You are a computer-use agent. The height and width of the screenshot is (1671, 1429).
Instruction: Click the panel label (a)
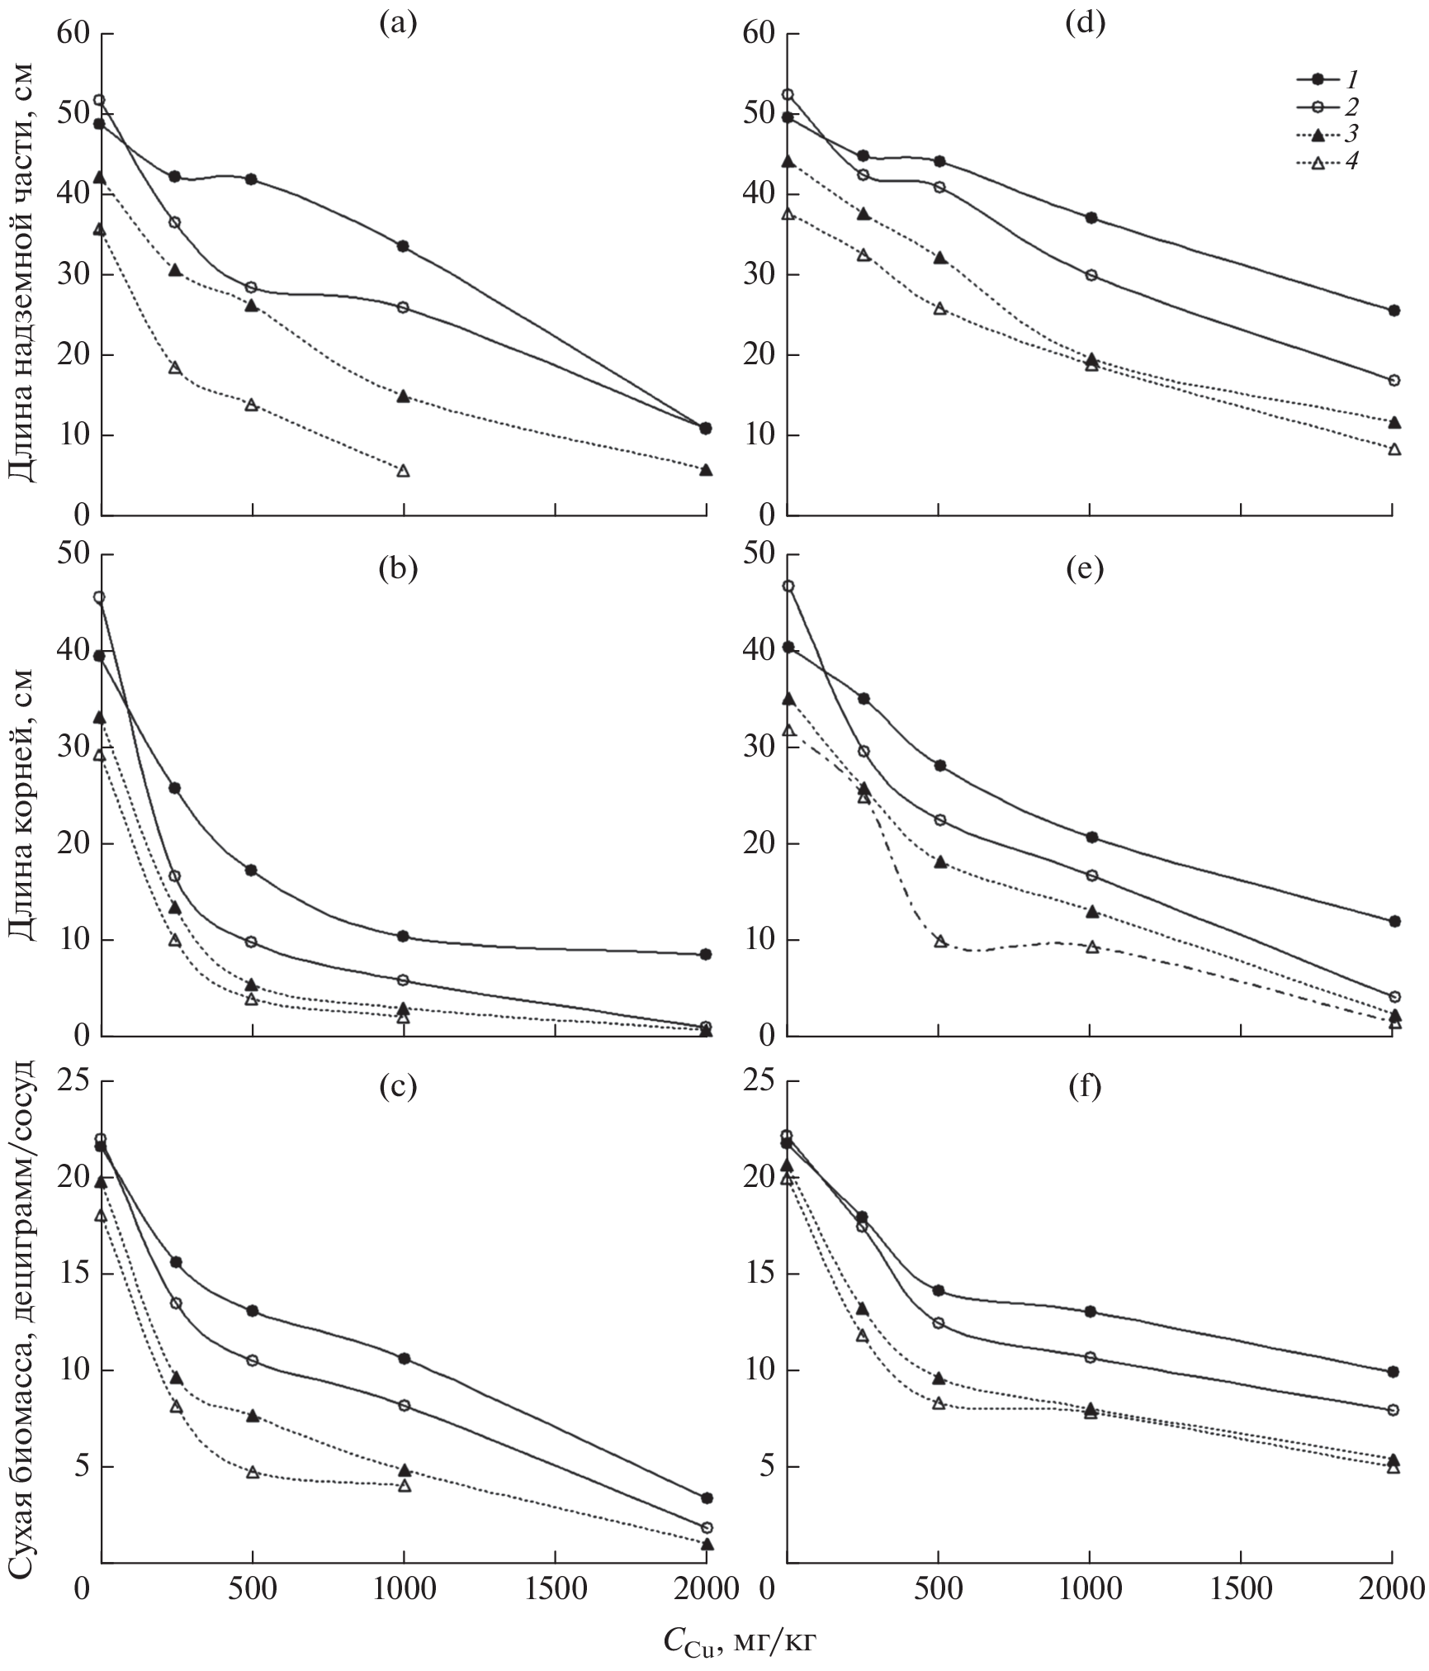[x=397, y=23]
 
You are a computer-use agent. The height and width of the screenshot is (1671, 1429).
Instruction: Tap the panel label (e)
[x=1085, y=570]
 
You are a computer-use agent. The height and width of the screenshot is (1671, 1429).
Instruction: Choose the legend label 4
[x=1351, y=162]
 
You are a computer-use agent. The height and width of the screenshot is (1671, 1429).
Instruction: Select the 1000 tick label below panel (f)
[x=1090, y=1588]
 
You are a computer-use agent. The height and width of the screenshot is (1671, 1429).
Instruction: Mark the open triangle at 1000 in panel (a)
[x=404, y=471]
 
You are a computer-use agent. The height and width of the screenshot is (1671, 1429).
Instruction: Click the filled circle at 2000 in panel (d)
[x=1394, y=311]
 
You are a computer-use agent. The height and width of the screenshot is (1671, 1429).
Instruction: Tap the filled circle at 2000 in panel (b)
[x=706, y=954]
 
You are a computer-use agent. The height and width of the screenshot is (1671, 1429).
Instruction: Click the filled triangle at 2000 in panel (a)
[x=706, y=470]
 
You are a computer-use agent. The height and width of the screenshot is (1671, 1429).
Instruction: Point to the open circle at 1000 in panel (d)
[x=1091, y=275]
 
